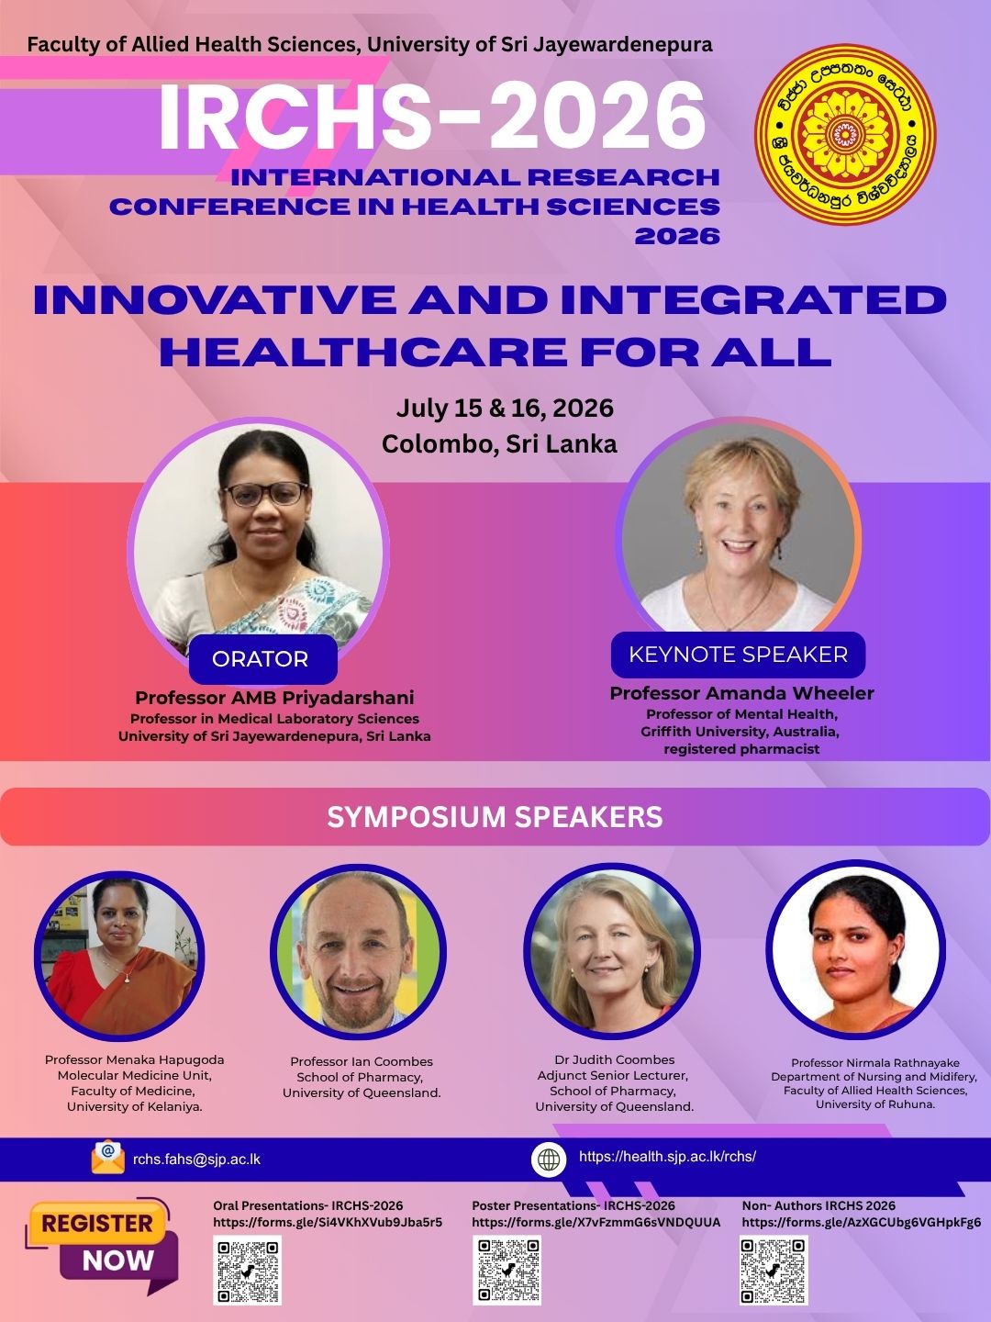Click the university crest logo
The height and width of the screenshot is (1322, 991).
point(845,134)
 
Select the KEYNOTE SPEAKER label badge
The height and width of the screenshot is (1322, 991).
point(739,655)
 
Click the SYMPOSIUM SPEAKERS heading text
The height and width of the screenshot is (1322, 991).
point(495,817)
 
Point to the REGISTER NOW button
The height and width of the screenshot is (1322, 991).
point(101,1240)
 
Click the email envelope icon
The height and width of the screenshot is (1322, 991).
point(108,1157)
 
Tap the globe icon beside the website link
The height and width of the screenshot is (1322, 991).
point(549,1159)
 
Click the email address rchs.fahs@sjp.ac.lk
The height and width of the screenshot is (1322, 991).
point(196,1159)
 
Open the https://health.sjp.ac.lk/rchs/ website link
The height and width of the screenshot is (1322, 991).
point(667,1156)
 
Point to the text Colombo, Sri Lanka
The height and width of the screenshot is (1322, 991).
point(499,444)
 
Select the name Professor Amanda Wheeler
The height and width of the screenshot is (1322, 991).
point(742,693)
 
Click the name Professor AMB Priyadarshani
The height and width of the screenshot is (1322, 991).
point(274,698)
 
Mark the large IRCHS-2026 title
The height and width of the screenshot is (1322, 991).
point(431,118)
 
